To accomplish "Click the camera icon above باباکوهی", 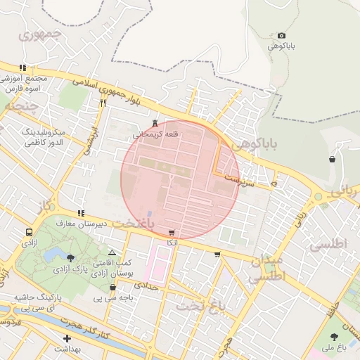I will tap(282, 35).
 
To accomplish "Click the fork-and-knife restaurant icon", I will tap(103, 103).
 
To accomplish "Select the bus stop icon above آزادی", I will tap(29, 232).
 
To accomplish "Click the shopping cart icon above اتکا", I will tap(172, 233).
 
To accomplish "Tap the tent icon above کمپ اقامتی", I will tap(112, 252).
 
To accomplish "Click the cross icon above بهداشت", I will tap(67, 339).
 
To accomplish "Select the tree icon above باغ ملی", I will tap(333, 337).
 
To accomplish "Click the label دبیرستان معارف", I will tap(101, 224).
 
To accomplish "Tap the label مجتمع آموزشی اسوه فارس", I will tap(27, 84).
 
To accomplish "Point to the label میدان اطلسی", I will tap(267, 269).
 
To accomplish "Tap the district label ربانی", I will tap(345, 189).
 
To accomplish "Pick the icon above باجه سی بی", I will tap(112, 287).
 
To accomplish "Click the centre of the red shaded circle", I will tap(181, 180).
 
